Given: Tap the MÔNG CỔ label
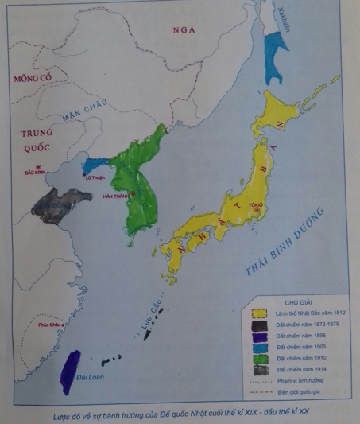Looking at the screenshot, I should (x=27, y=77).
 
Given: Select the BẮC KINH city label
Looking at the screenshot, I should (x=35, y=170).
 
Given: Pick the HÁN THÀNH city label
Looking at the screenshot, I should (x=116, y=196).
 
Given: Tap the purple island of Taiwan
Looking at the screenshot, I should (x=72, y=371).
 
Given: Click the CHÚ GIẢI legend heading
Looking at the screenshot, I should (x=298, y=303).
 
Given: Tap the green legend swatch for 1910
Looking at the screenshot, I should (x=259, y=359).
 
